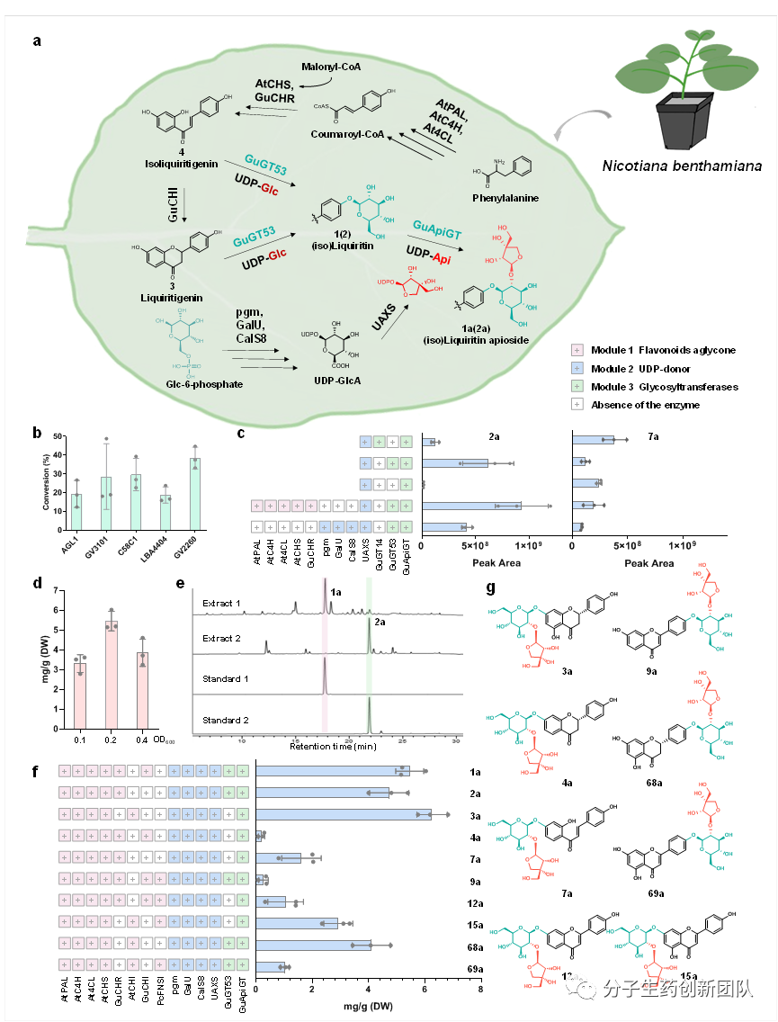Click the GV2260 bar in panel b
(194, 494)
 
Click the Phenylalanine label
(505, 198)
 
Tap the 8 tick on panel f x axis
(479, 990)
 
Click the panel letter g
(490, 590)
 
